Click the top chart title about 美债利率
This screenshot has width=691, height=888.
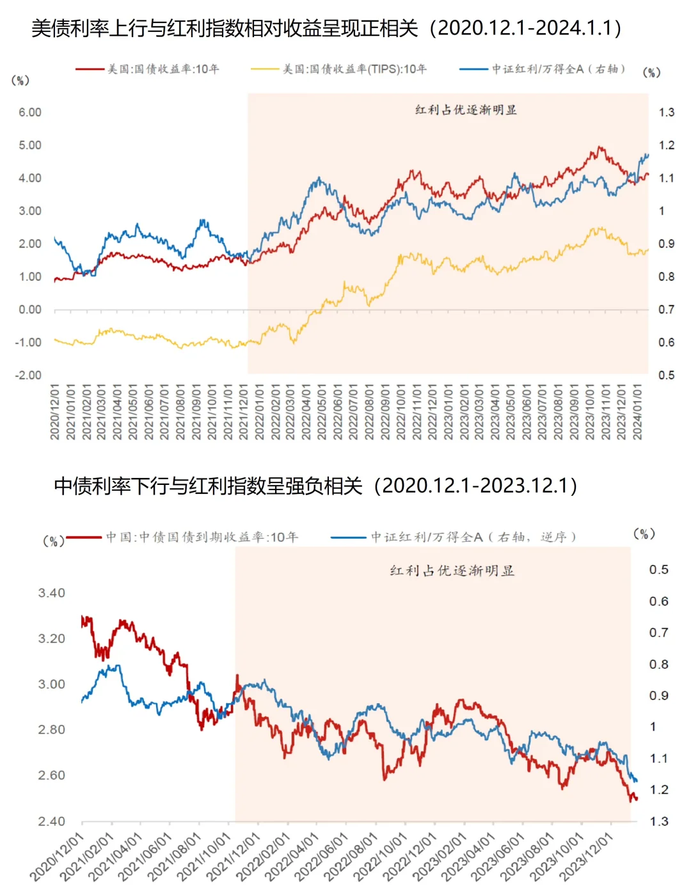(x=326, y=28)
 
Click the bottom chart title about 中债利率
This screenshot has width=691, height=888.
(x=316, y=486)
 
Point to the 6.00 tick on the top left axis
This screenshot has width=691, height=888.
(x=30, y=113)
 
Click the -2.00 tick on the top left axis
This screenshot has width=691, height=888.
(x=28, y=375)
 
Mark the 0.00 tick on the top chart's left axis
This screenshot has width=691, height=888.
(x=30, y=310)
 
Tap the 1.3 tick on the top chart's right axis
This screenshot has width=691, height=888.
(x=666, y=113)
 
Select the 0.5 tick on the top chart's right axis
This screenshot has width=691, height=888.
(x=666, y=375)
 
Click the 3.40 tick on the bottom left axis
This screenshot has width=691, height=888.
(x=51, y=593)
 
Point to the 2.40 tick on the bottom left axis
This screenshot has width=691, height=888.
(x=51, y=821)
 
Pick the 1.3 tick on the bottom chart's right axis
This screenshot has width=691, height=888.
(x=659, y=821)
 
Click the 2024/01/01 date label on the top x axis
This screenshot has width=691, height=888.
(x=637, y=412)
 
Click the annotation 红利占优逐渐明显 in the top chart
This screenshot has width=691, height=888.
(x=466, y=110)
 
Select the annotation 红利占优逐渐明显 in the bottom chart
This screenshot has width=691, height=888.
(x=452, y=571)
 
